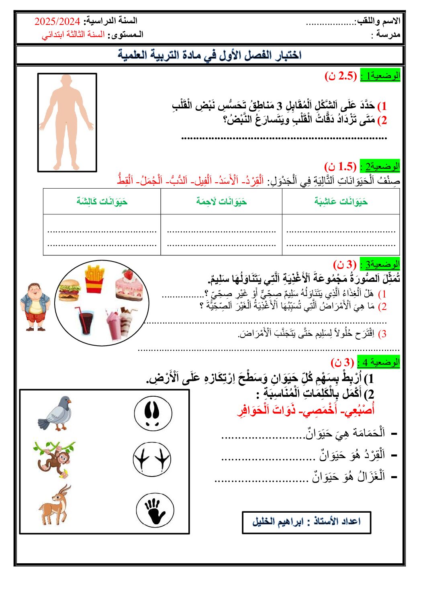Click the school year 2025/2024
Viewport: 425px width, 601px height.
pyautogui.click(x=57, y=21)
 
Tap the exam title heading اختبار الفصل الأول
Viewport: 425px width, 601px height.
pyautogui.click(x=210, y=55)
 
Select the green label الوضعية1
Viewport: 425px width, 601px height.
pyautogui.click(x=380, y=75)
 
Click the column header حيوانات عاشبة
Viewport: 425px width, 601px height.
pyautogui.click(x=341, y=201)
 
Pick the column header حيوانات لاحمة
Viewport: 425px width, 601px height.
pyautogui.click(x=221, y=201)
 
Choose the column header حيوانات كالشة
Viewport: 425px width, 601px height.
pyautogui.click(x=102, y=201)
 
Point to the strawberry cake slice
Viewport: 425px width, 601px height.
pyautogui.click(x=129, y=285)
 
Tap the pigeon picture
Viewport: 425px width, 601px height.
pyautogui.click(x=55, y=414)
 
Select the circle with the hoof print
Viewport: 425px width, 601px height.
pyautogui.click(x=153, y=414)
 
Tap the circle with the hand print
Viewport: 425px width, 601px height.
pyautogui.click(x=155, y=510)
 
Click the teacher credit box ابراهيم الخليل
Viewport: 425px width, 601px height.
pyautogui.click(x=306, y=522)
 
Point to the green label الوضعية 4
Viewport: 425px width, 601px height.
pyautogui.click(x=378, y=362)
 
